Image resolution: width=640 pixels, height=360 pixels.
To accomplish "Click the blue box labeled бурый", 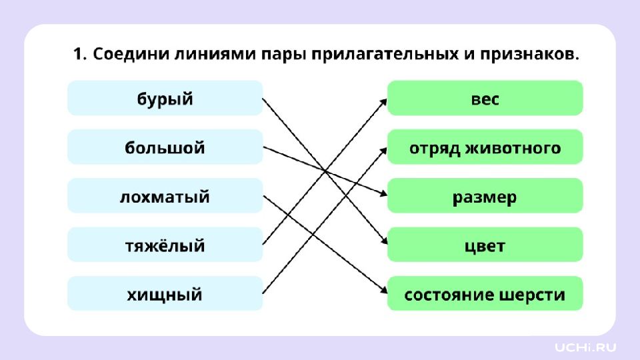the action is [x=165, y=98].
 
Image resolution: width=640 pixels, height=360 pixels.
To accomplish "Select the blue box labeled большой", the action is [x=165, y=147].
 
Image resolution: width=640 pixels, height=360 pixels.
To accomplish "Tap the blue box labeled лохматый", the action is [x=165, y=195].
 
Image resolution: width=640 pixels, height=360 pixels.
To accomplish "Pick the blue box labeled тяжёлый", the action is [x=165, y=245].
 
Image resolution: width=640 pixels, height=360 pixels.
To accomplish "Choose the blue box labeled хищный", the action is [x=165, y=293].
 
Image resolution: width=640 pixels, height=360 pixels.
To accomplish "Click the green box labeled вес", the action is [x=485, y=98].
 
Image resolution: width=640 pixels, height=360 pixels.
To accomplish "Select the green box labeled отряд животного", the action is [x=485, y=147].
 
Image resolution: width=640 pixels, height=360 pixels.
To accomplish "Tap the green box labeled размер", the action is [x=485, y=195].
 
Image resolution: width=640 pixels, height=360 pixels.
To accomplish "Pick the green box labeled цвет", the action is [x=485, y=245].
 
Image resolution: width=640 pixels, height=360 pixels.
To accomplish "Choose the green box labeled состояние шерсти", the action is [x=485, y=293].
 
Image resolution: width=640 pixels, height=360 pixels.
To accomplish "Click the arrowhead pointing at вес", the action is [x=384, y=102].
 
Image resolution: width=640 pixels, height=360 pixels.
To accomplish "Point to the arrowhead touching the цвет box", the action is [x=384, y=241].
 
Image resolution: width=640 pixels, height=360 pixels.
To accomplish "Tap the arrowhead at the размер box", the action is [x=383, y=193].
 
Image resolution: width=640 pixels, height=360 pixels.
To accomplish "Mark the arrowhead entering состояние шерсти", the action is [x=384, y=290].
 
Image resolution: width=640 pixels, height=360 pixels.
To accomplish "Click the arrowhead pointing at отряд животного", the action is [x=384, y=151].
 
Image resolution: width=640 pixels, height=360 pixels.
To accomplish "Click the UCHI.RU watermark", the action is [x=585, y=347].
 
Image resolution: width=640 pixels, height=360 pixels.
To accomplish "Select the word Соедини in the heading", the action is [x=131, y=54].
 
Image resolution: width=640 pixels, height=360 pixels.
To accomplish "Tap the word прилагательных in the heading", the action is [x=385, y=54].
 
